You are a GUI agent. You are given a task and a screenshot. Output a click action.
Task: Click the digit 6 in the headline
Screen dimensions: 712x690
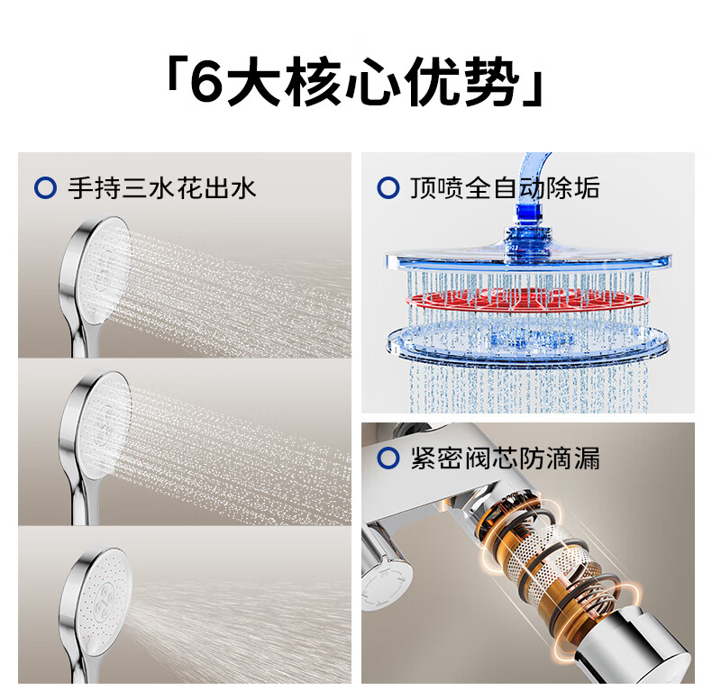[207, 82]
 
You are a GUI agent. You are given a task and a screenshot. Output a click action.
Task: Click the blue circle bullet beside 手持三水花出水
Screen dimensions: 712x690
[45, 188]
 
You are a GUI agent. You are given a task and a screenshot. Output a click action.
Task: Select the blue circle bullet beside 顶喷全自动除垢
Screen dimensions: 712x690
[388, 188]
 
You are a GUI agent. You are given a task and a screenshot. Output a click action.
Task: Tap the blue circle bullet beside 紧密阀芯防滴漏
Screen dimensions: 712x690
[388, 458]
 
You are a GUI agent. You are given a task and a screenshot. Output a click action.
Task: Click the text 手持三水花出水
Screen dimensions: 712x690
[162, 188]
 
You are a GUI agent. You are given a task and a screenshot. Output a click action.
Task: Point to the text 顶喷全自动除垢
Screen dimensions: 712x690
[505, 188]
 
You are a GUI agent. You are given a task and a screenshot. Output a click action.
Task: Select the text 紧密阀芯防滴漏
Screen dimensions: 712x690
[505, 458]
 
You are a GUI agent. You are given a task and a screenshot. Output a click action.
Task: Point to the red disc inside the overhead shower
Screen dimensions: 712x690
[526, 301]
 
